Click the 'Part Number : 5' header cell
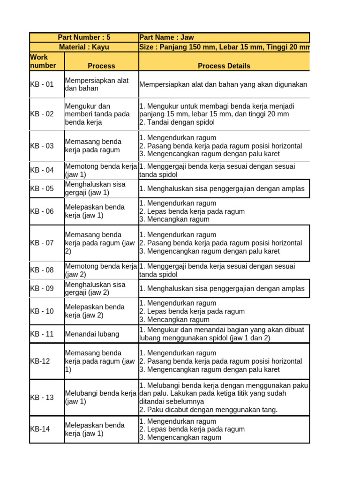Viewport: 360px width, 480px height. [84, 37]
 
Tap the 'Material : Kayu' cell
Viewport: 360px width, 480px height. [84, 47]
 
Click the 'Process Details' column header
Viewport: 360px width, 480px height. [224, 66]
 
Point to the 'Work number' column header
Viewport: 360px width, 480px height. [43, 61]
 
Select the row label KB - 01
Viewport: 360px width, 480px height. [42, 84]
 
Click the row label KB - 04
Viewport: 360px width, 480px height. [42, 170]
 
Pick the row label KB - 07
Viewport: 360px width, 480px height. [42, 243]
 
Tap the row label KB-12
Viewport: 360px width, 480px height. [40, 361]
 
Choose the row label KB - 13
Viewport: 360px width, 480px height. [42, 397]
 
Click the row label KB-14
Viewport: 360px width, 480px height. [40, 429]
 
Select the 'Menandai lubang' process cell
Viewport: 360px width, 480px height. [92, 334]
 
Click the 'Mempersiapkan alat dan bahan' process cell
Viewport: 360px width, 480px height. [97, 84]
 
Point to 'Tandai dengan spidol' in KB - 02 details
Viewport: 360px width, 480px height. [177, 122]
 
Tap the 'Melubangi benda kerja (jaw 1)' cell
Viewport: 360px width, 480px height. [100, 397]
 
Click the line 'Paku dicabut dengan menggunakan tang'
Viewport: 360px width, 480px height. [209, 410]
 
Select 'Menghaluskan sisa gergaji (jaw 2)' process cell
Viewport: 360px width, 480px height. [95, 288]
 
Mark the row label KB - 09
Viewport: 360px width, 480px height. [42, 288]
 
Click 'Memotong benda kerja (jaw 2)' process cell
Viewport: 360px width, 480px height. [100, 270]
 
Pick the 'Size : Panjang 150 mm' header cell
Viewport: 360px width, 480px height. [224, 47]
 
